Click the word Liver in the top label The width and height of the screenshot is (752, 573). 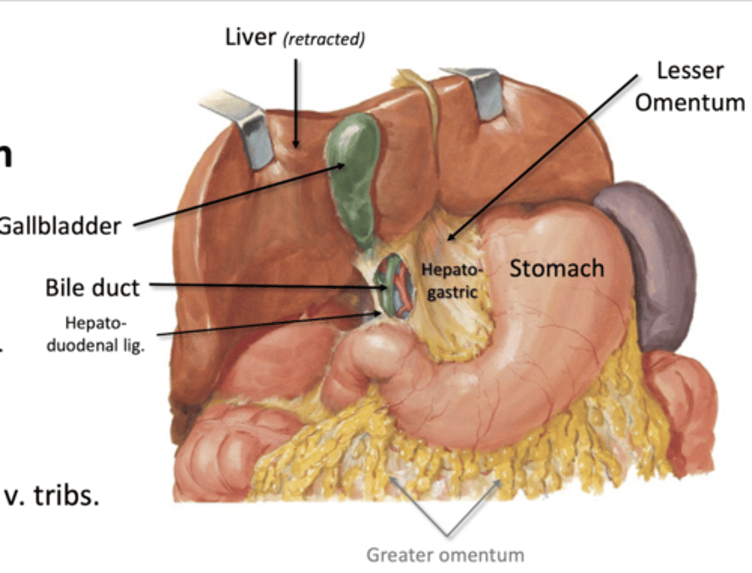[x=250, y=37]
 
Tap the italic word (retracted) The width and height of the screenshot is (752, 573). [x=324, y=39]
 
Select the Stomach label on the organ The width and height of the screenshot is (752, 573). [x=557, y=268]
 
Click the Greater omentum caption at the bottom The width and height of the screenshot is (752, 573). [x=445, y=555]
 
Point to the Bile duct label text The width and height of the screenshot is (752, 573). [x=92, y=288]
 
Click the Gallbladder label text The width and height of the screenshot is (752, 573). [x=60, y=226]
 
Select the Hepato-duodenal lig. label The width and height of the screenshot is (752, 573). [x=96, y=334]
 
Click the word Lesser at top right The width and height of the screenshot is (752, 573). [x=690, y=71]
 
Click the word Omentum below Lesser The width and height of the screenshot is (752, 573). [x=690, y=102]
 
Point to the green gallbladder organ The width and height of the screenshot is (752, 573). [x=354, y=172]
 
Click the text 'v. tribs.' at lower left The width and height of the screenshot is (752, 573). [x=51, y=495]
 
